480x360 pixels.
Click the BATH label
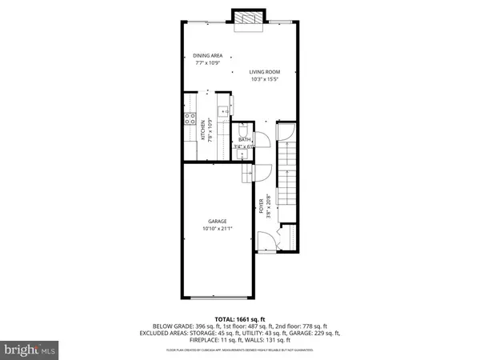(x=243, y=140)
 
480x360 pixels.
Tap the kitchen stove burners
(x=191, y=121)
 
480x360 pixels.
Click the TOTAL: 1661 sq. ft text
(x=240, y=318)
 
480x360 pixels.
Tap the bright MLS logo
(x=30, y=350)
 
